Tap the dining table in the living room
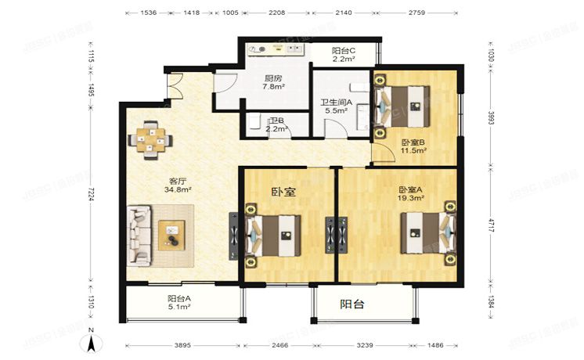[x=151, y=139]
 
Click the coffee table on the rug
[x=171, y=234]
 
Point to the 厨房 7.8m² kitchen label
[x=272, y=82]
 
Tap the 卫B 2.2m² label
[x=275, y=125]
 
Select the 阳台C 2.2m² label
[x=344, y=54]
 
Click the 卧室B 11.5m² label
[x=413, y=146]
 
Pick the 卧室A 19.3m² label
[x=411, y=194]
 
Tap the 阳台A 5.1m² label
[x=179, y=302]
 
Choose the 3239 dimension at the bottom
[x=364, y=345]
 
